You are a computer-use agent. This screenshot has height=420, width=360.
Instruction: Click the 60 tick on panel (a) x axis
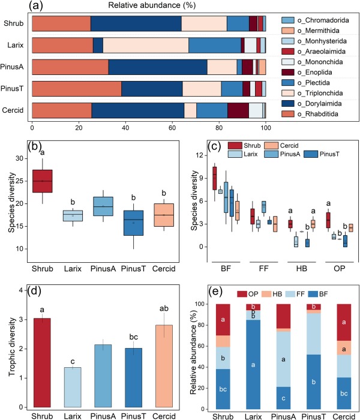point(172,127)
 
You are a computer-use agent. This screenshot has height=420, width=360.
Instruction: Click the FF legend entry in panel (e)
point(304,293)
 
